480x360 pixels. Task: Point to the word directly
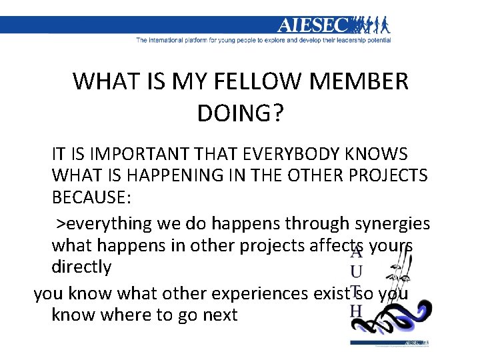[x=81, y=267]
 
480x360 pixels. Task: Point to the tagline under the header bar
[x=263, y=40]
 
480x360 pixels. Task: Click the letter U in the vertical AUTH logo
[x=357, y=272]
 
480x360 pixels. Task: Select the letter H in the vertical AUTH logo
[x=357, y=311]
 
